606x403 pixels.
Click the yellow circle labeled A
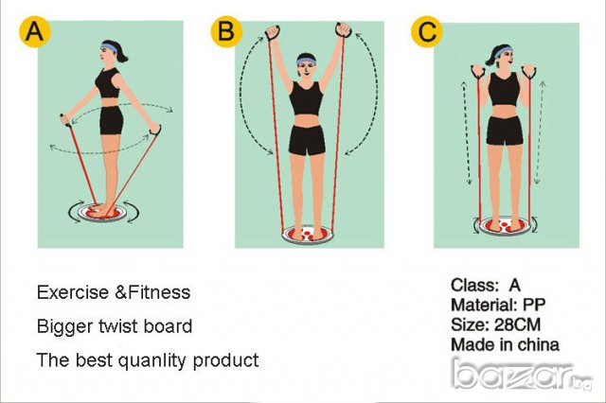[35, 31]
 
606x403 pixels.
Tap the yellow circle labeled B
[227, 31]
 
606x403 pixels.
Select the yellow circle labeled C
[427, 31]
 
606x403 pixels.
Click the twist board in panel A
[102, 212]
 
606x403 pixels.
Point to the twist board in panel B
[308, 235]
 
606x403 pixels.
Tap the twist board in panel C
[504, 224]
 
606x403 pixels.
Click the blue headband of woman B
[306, 61]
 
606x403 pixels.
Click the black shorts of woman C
[504, 131]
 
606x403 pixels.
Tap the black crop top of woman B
[307, 98]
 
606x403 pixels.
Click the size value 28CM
[517, 325]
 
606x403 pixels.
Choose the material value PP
[534, 305]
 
